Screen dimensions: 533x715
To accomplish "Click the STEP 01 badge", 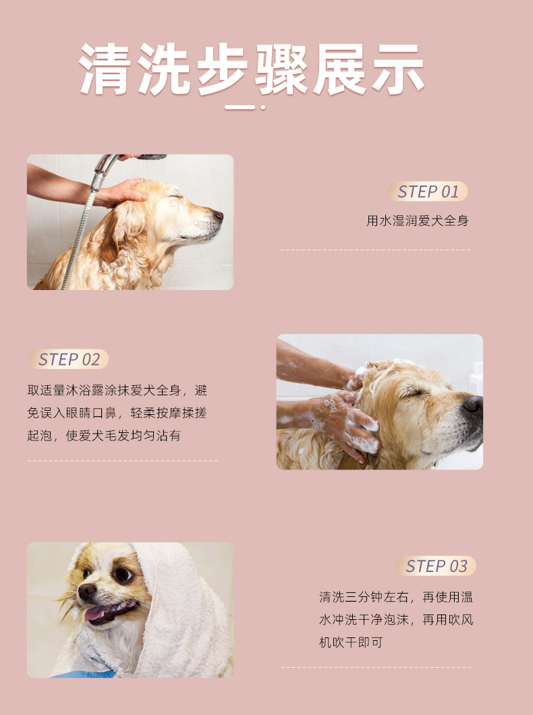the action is pos(428,192).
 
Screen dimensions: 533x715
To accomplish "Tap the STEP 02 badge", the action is pos(68,360).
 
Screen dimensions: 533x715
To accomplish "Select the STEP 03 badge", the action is pos(436,566).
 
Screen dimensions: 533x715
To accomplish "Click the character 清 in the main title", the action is pos(103,69).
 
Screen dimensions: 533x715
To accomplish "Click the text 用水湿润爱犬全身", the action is pos(418,221).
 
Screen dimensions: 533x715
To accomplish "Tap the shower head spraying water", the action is pos(151,157).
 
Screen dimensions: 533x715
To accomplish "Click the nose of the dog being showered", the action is pos(219,214).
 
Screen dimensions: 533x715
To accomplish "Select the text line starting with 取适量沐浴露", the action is pos(117,391).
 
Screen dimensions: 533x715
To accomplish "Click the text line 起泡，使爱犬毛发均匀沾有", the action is pos(104,436).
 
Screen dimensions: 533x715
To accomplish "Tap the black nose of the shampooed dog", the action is pos(473,403).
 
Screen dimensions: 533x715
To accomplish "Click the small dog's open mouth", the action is pos(109,612).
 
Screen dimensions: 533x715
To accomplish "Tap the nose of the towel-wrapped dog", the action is pos(86,592).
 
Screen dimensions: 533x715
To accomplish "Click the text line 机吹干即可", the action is pos(351,643).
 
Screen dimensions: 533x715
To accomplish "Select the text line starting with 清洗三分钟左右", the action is pos(396,597).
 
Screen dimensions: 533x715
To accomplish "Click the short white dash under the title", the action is pos(240,108).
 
